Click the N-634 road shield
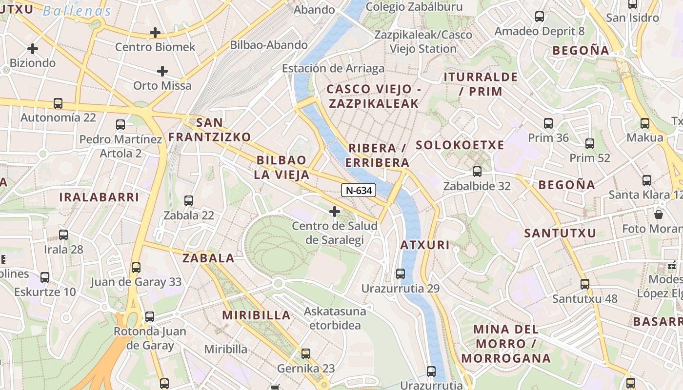click(359, 191)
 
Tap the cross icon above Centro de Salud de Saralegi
click(335, 212)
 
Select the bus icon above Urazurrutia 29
click(401, 273)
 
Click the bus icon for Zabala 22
click(189, 200)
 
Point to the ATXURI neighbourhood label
click(425, 245)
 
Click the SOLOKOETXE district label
click(460, 145)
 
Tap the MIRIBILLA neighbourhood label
click(257, 315)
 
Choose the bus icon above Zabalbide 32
click(477, 172)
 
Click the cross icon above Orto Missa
click(162, 71)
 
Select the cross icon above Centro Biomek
click(155, 33)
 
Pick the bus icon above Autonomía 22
click(58, 103)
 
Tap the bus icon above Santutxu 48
click(585, 284)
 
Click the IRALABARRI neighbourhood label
click(99, 197)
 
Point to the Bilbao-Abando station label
click(269, 45)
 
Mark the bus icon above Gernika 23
click(306, 354)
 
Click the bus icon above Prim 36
click(548, 123)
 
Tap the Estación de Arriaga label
click(333, 68)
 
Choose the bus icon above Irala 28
click(63, 235)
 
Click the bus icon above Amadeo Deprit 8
click(540, 17)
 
